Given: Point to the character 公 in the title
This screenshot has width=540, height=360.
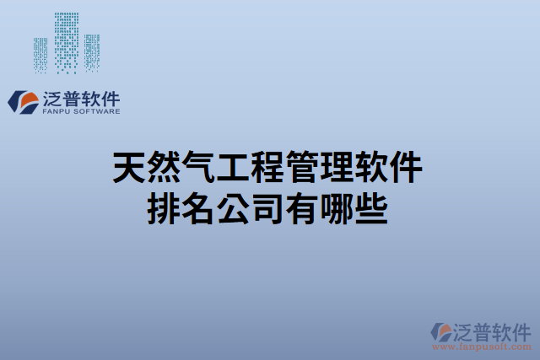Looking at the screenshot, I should click(x=235, y=207).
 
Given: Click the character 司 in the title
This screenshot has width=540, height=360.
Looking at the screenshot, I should click(x=270, y=207).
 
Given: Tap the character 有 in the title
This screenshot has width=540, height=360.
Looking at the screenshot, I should click(x=305, y=207).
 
